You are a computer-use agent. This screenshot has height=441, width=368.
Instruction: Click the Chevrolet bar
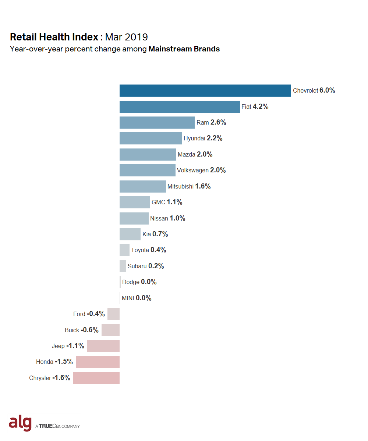[x=205, y=90]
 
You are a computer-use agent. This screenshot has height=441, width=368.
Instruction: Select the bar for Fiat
[x=180, y=107]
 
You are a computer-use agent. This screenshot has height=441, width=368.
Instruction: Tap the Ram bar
[x=157, y=122]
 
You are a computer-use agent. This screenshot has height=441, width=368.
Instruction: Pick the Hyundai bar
[x=151, y=139]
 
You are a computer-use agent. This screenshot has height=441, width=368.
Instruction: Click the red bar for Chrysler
[x=96, y=378]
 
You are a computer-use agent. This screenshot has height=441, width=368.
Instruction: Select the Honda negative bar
[x=98, y=362]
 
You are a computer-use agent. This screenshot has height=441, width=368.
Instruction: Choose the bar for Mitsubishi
[x=142, y=186]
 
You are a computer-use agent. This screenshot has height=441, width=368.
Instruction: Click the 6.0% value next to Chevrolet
[x=327, y=90]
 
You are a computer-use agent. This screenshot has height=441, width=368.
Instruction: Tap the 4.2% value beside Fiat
[x=261, y=107]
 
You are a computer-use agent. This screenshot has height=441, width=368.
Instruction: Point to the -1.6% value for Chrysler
[x=61, y=378]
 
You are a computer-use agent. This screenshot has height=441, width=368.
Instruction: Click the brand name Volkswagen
[x=192, y=170]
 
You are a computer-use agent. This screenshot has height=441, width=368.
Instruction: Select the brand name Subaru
[x=137, y=266]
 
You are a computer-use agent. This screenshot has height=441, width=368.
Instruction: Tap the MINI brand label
[x=128, y=298]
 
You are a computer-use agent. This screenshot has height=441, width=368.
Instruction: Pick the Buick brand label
[x=72, y=330]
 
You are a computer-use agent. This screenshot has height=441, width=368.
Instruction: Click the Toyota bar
[x=124, y=250]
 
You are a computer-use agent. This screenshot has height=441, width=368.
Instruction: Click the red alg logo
[x=20, y=423]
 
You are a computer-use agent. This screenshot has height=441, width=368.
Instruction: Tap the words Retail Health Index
[x=54, y=37]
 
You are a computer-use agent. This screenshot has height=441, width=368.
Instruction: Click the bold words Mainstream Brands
[x=184, y=49]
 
